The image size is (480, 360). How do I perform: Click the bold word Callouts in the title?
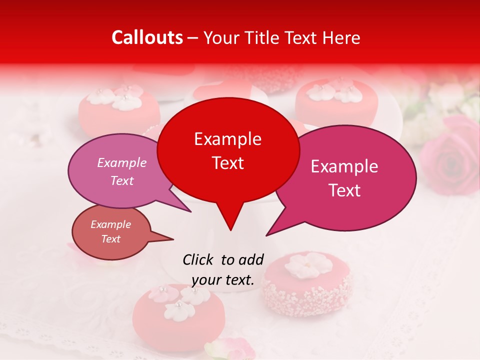pyautogui.click(x=147, y=37)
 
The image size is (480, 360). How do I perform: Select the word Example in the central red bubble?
pyautogui.click(x=227, y=139)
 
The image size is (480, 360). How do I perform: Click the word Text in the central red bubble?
pyautogui.click(x=227, y=163)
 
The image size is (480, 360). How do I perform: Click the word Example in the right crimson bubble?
pyautogui.click(x=344, y=166)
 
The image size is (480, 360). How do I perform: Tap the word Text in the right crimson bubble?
pyautogui.click(x=344, y=190)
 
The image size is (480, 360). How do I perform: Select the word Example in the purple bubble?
pyautogui.click(x=122, y=162)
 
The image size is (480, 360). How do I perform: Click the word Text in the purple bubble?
pyautogui.click(x=122, y=180)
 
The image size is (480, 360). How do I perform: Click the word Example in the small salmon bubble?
pyautogui.click(x=110, y=224)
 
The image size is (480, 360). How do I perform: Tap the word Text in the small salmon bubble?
pyautogui.click(x=110, y=239)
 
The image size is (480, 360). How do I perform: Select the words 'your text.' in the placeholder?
pyautogui.click(x=223, y=280)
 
